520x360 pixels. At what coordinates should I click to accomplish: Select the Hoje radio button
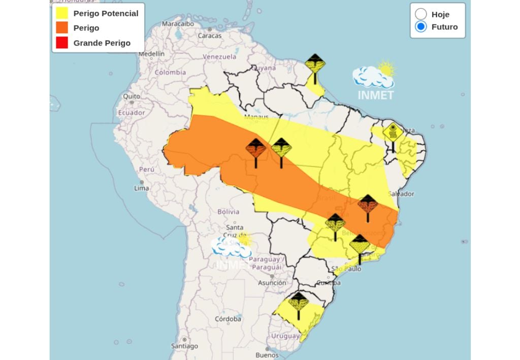tap(421, 14)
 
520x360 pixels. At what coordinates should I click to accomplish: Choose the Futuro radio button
tap(421, 27)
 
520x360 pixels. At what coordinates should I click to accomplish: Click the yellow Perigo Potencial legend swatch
tap(62, 13)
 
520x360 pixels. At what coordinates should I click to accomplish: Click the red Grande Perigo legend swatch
tap(62, 43)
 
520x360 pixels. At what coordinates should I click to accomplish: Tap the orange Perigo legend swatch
tap(62, 28)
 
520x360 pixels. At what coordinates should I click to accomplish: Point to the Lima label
tap(141, 188)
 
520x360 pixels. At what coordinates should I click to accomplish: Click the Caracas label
tap(209, 36)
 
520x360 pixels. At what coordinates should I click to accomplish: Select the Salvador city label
tap(401, 193)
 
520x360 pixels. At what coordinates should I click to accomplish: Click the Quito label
tap(131, 96)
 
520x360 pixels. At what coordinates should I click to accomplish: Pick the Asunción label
tap(272, 283)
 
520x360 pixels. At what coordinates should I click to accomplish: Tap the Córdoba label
tap(227, 319)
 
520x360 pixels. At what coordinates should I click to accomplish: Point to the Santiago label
tap(184, 346)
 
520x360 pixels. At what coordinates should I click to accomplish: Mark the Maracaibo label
tap(178, 23)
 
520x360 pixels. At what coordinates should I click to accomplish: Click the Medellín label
tap(151, 53)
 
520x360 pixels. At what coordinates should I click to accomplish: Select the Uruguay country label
tap(285, 336)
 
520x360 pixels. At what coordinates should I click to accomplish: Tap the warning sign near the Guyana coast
tap(315, 64)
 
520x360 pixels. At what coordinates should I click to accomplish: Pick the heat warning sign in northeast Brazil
tap(393, 133)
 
